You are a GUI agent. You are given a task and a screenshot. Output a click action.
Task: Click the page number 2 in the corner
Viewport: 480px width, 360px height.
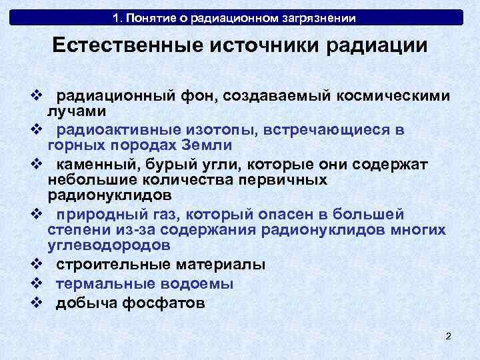(448, 336)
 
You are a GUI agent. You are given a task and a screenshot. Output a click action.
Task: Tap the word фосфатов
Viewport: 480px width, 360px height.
(167, 303)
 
